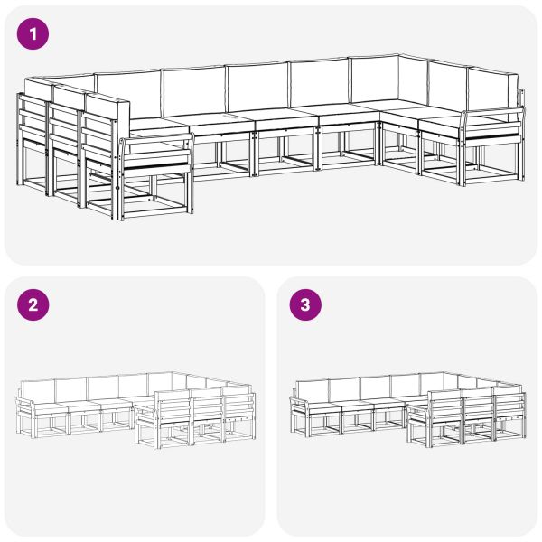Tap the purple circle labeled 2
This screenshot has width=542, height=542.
pyautogui.click(x=33, y=305)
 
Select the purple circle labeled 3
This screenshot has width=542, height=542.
pyautogui.click(x=304, y=305)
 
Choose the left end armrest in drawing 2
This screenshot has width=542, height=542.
pyautogui.click(x=24, y=401)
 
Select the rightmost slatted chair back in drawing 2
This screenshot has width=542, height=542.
pyautogui.click(x=238, y=403)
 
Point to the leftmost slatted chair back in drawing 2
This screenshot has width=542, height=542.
pyautogui.click(x=173, y=406)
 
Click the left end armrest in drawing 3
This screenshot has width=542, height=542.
pyautogui.click(x=297, y=401)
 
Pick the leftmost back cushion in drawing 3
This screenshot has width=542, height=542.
pyautogui.click(x=312, y=389)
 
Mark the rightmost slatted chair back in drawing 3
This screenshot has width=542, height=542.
pyautogui.click(x=509, y=403)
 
